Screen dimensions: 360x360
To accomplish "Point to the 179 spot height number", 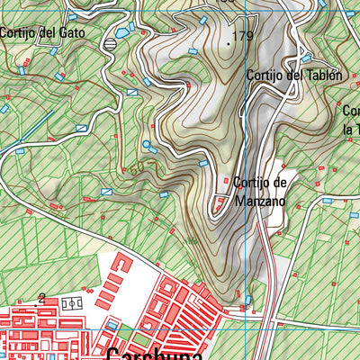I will point(243,37).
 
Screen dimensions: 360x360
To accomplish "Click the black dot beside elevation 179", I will point(229,41).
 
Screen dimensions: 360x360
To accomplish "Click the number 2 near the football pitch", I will point(41,296).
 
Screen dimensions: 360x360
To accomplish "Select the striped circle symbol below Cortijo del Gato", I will point(110,42).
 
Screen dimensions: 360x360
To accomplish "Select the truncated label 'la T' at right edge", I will point(350,128).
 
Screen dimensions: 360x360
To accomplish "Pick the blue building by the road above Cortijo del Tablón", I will point(306,58).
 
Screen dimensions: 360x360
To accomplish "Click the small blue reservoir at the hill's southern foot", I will point(248,298).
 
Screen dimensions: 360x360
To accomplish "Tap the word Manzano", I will point(260,202).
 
